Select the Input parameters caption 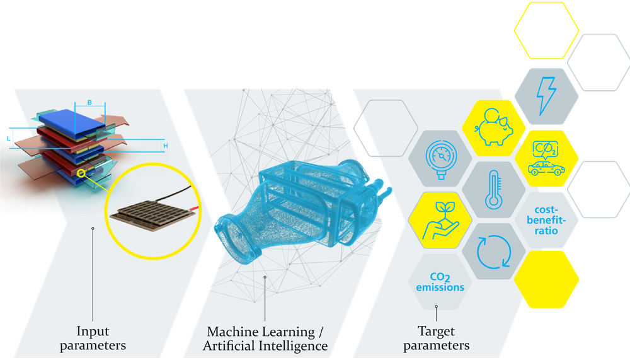click(93, 338)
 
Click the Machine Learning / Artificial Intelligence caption click(266, 339)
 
